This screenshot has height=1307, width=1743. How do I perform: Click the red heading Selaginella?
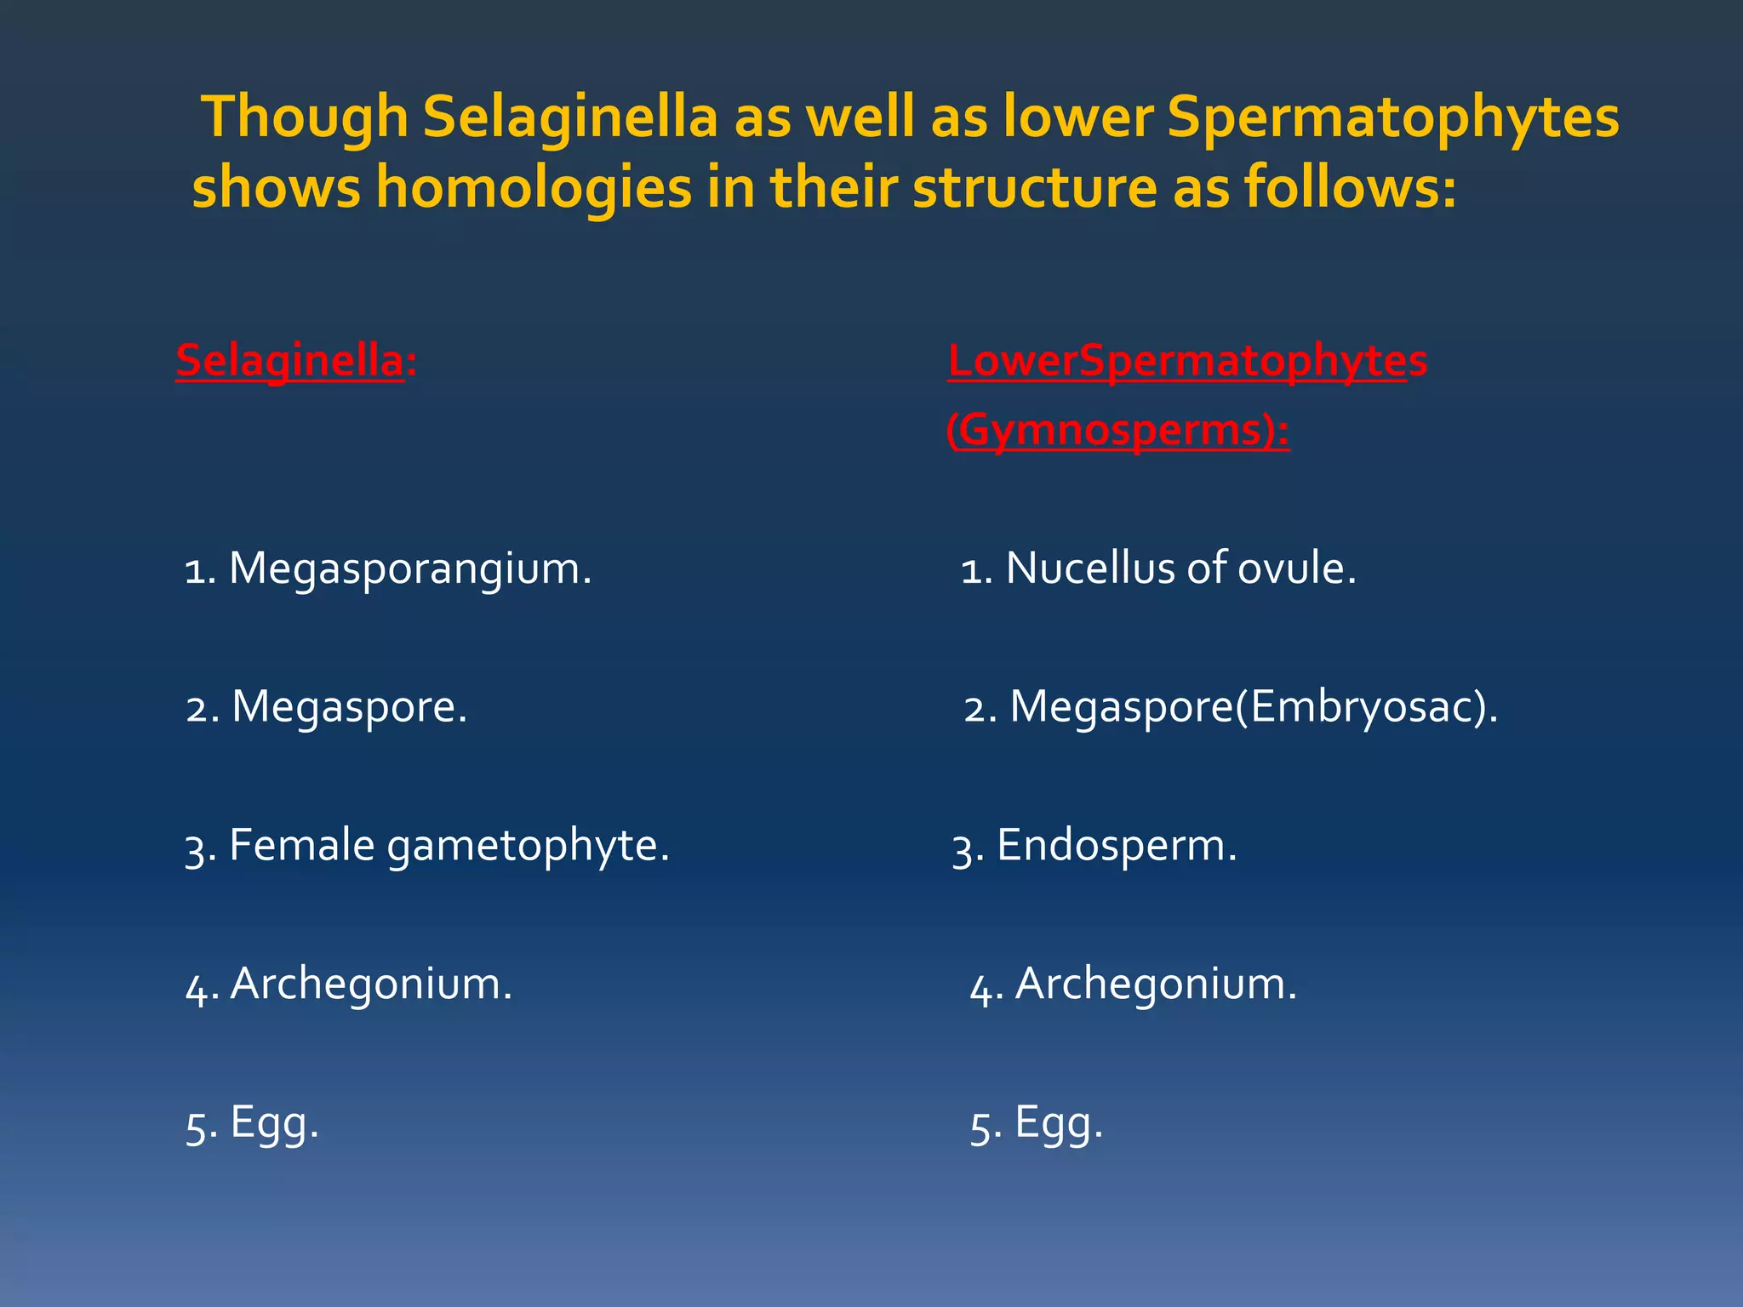point(289,361)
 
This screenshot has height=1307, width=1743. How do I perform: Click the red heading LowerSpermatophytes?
point(1187,361)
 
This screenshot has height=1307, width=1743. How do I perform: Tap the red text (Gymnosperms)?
point(1117,431)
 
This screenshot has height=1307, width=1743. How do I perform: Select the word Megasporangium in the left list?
point(409,568)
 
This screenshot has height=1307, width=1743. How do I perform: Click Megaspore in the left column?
point(349,707)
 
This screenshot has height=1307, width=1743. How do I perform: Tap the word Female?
point(302,846)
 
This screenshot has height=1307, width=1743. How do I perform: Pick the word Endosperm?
point(1116,846)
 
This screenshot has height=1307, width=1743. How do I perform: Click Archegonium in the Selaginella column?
point(371,985)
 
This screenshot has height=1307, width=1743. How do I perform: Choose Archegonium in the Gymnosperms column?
point(1156,985)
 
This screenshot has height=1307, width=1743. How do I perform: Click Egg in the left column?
point(273,1123)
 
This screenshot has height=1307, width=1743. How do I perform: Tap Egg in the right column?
point(1058,1123)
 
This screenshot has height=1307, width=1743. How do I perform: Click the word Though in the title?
point(305,117)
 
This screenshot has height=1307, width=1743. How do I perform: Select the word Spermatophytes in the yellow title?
point(1392,117)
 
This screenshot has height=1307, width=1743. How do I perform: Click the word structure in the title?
point(1035,187)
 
